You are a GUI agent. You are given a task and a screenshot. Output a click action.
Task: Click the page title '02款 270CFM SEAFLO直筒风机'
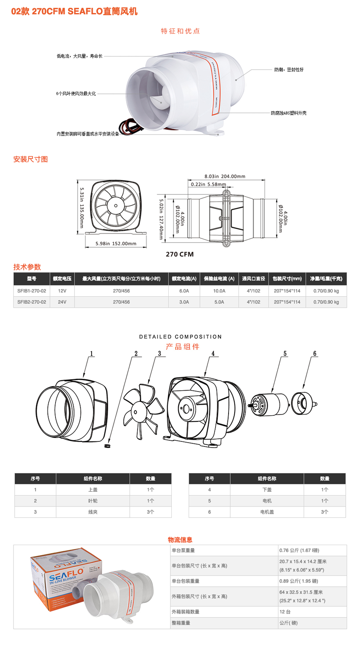point(74,12)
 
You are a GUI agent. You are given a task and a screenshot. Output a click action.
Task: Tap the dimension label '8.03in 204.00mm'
point(225,176)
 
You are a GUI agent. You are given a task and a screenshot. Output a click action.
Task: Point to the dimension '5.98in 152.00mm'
point(116,243)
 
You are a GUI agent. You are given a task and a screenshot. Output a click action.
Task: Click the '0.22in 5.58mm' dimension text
point(208,184)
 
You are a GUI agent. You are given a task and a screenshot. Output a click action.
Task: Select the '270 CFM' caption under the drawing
point(180,254)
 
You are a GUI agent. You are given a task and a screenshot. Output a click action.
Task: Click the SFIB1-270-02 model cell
point(32,291)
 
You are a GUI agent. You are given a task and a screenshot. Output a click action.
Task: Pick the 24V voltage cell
point(62,302)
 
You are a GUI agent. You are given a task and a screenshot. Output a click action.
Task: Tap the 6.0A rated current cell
point(184,291)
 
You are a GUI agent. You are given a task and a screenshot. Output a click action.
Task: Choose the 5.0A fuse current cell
point(219,302)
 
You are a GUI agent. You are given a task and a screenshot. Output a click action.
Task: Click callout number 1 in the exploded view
point(92,354)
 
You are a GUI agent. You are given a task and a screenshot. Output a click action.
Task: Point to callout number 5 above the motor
point(285,354)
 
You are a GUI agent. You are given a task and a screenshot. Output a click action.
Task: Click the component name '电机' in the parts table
point(266,501)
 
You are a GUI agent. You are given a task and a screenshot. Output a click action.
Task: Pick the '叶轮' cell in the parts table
point(92,501)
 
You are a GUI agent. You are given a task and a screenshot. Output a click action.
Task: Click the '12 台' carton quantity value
point(285,612)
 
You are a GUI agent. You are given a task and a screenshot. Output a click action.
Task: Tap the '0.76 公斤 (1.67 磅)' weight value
point(299,550)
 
